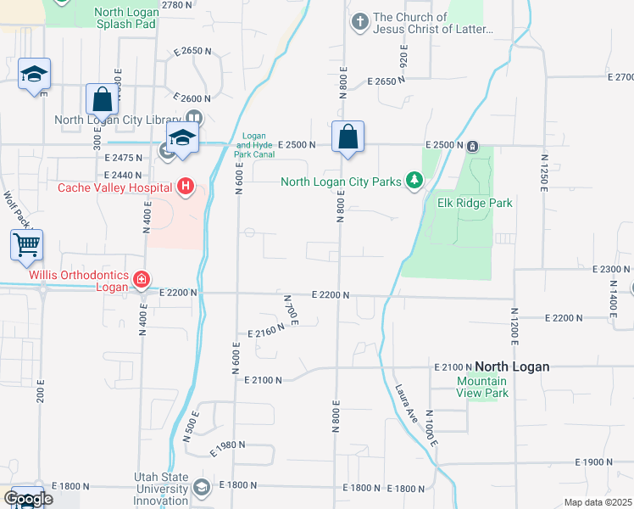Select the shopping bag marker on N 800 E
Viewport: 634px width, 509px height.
(x=348, y=137)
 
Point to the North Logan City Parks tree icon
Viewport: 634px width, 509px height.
(x=414, y=181)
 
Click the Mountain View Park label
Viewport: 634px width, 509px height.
(x=482, y=387)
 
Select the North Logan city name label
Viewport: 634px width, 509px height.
(x=512, y=366)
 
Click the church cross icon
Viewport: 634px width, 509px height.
(x=360, y=21)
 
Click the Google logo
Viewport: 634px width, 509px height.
(x=27, y=498)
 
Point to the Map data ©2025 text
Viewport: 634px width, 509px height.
(x=598, y=502)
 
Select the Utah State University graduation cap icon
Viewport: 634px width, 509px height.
(x=202, y=487)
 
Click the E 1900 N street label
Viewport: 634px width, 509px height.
(x=593, y=462)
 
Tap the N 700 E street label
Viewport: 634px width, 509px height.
(x=290, y=310)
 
